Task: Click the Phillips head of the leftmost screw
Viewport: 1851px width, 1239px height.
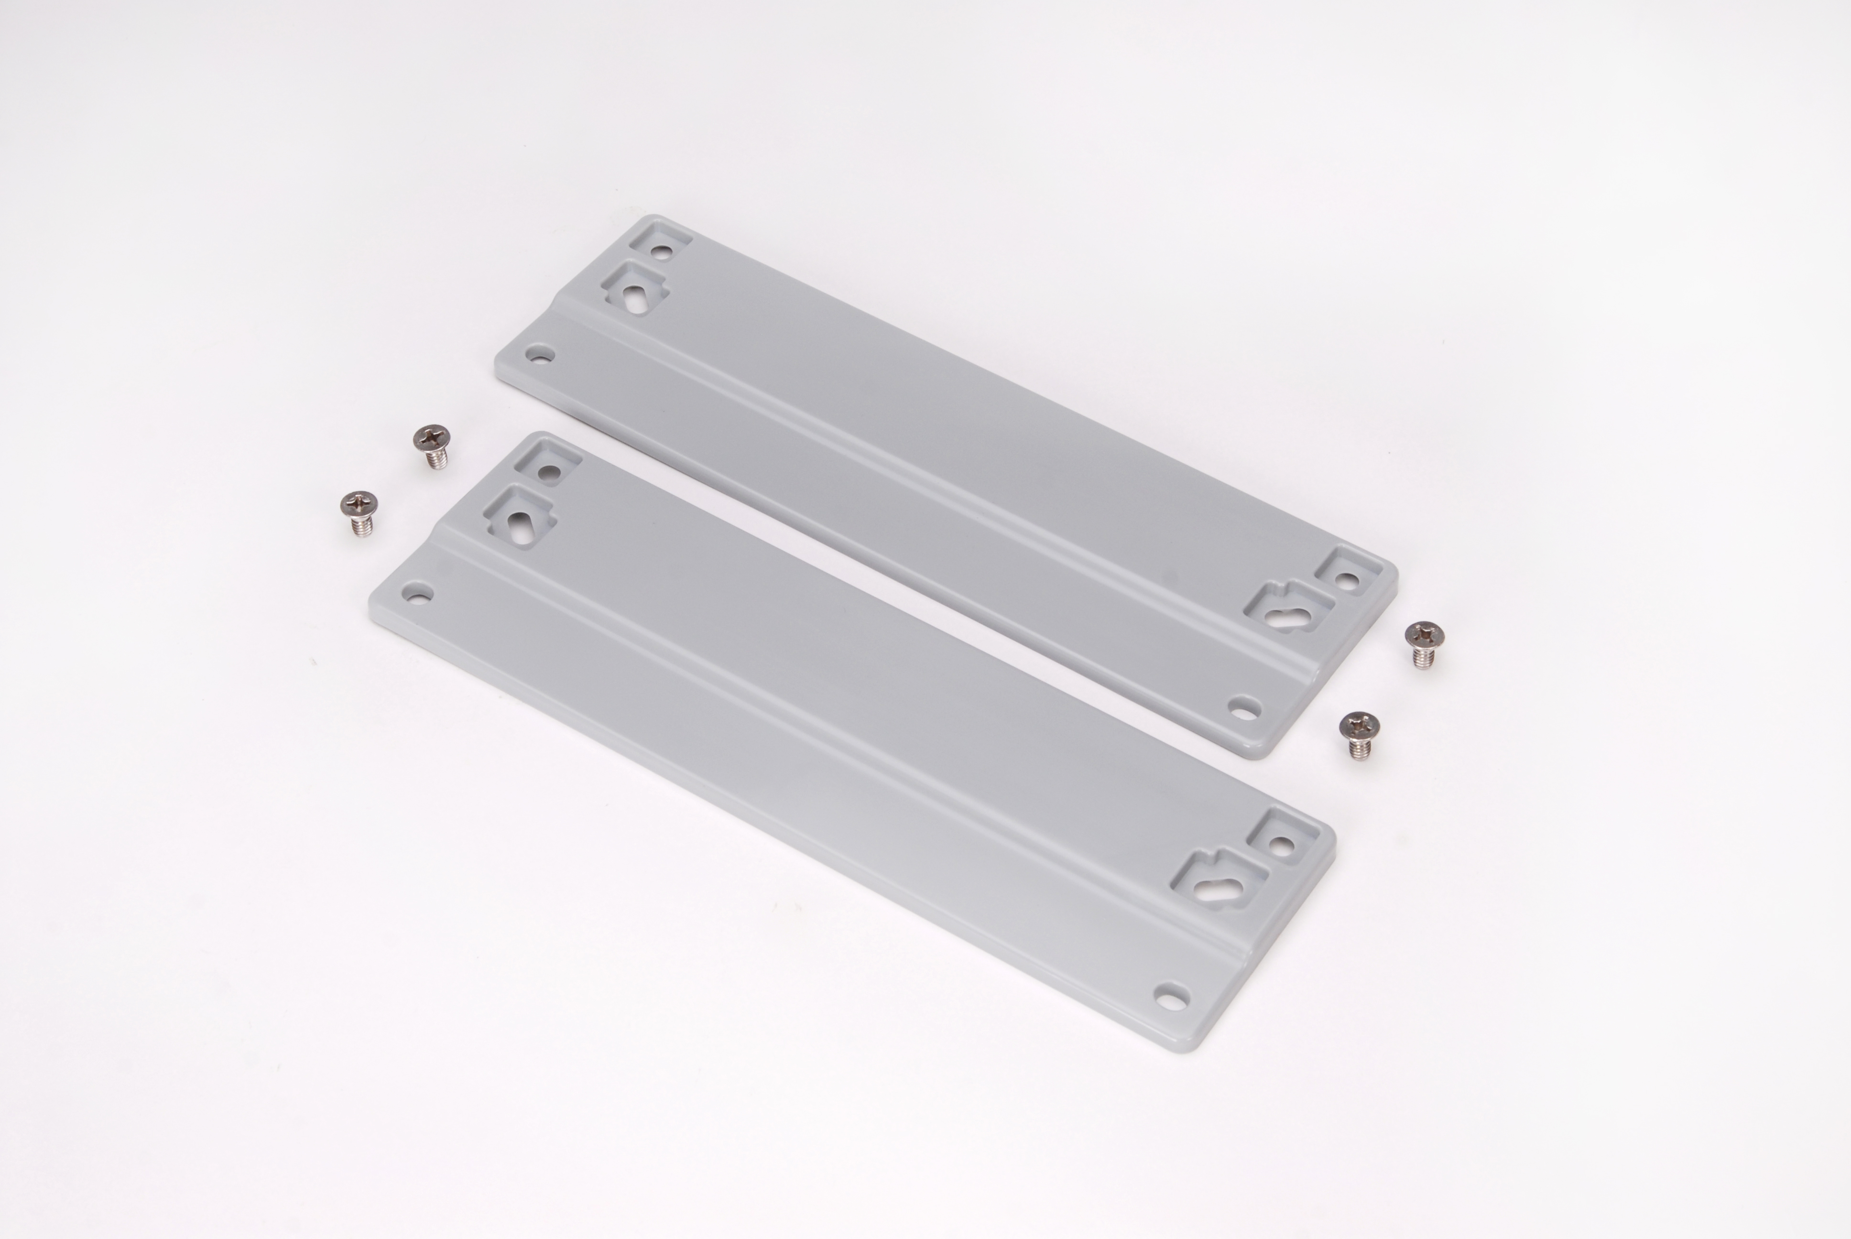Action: (x=358, y=502)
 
